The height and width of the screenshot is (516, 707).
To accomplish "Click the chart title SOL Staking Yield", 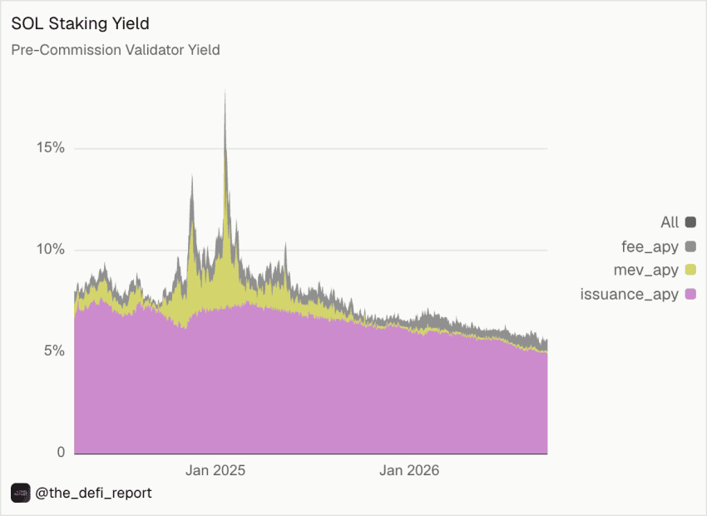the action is (x=80, y=23).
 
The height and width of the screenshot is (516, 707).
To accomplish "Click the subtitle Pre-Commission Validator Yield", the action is (x=116, y=50).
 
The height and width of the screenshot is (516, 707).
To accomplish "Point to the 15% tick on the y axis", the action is (x=51, y=147).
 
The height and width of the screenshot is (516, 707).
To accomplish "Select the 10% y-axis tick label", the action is (x=51, y=249).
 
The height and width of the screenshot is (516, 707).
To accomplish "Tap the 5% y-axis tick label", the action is (x=55, y=350).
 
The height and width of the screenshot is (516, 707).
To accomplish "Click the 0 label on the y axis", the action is (x=62, y=452).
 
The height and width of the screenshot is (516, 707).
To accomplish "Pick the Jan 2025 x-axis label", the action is (x=215, y=470).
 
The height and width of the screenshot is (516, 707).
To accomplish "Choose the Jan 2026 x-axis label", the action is (x=409, y=470).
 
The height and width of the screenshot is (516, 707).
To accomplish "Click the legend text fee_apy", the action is (x=650, y=246).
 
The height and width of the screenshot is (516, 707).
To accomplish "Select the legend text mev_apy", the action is (x=646, y=270).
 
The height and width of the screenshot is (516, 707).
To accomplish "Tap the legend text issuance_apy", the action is (x=630, y=294).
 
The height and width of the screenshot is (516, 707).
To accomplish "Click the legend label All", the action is (x=670, y=222).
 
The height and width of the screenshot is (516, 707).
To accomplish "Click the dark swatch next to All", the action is (x=690, y=222).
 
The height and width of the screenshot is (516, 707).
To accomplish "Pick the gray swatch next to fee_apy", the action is (x=690, y=246).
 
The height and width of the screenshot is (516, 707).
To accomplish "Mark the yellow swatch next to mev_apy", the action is (x=690, y=270).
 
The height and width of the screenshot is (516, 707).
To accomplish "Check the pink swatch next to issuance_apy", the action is (x=690, y=294).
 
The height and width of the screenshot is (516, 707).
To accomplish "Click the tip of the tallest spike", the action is (x=225, y=90).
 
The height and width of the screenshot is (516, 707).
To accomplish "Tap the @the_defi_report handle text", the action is (x=93, y=493).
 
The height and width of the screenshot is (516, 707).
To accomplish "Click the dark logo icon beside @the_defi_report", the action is (x=21, y=493).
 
